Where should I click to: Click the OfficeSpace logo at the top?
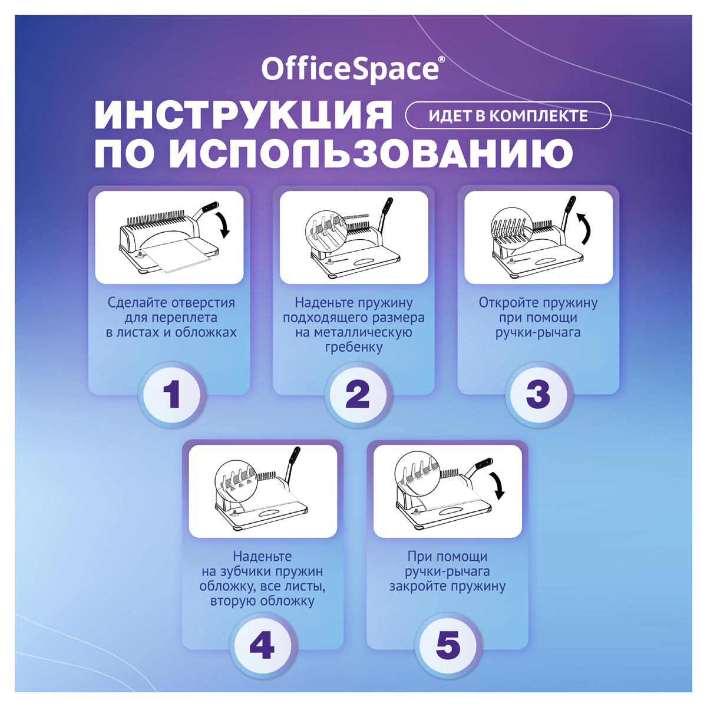[353, 68]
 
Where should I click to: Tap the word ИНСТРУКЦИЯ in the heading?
[243, 115]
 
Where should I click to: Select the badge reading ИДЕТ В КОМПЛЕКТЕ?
[508, 115]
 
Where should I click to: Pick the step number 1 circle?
[171, 394]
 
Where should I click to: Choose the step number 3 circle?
[538, 394]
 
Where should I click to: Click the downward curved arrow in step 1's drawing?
[224, 224]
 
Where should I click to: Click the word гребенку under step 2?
[353, 347]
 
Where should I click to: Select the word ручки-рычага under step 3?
[538, 332]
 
